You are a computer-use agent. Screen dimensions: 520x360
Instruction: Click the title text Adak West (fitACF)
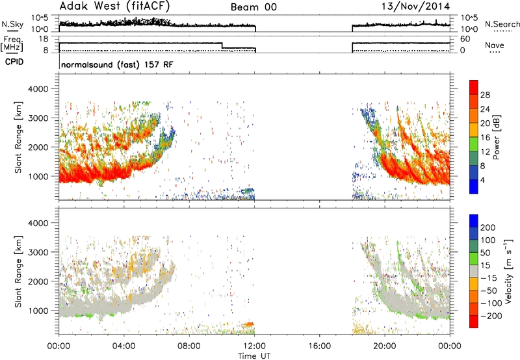114,6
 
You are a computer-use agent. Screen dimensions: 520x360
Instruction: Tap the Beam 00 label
253,7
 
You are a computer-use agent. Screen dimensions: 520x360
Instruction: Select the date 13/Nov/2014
416,6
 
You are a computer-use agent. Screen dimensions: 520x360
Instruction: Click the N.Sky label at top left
12,24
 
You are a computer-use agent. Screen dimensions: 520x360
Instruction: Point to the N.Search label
502,24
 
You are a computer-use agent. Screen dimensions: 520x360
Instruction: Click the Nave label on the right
495,45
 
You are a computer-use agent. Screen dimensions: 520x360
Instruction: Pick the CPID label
14,62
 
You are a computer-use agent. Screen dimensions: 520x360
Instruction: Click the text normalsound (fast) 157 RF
117,64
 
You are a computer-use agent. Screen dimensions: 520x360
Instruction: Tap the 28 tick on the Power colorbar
485,95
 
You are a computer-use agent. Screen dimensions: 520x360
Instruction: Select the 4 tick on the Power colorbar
482,180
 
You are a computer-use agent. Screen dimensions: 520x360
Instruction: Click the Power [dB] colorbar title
496,137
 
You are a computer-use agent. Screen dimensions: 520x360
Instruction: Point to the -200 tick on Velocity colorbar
491,316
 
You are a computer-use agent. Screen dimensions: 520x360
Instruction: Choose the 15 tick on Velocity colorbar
485,265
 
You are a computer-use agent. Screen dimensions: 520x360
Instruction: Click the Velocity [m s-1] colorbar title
508,272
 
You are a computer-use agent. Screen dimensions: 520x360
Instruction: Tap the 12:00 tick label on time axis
255,346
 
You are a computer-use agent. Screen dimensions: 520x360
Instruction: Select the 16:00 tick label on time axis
320,346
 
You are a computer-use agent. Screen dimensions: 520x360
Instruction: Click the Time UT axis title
254,356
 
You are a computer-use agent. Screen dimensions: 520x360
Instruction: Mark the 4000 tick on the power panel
38,89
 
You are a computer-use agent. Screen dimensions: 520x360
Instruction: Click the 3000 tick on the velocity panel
38,252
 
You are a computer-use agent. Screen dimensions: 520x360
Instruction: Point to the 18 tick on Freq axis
43,39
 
